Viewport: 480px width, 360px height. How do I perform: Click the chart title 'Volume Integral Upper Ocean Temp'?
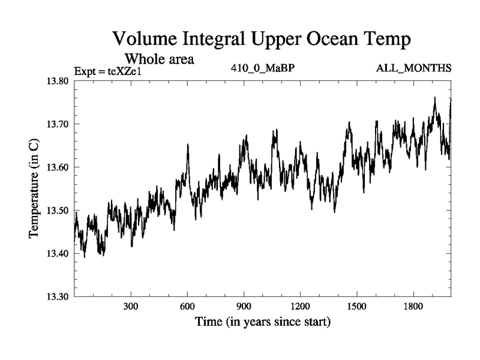point(262,40)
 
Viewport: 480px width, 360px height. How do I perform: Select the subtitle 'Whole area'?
point(159,59)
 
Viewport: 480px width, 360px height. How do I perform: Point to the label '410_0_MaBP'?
point(263,67)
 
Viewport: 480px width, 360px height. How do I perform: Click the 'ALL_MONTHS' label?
point(413,67)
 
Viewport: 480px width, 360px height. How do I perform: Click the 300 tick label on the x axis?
point(131,307)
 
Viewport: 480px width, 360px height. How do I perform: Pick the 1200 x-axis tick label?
point(300,307)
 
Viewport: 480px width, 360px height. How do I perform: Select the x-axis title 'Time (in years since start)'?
point(263,322)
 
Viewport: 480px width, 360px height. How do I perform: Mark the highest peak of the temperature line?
point(434,98)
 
